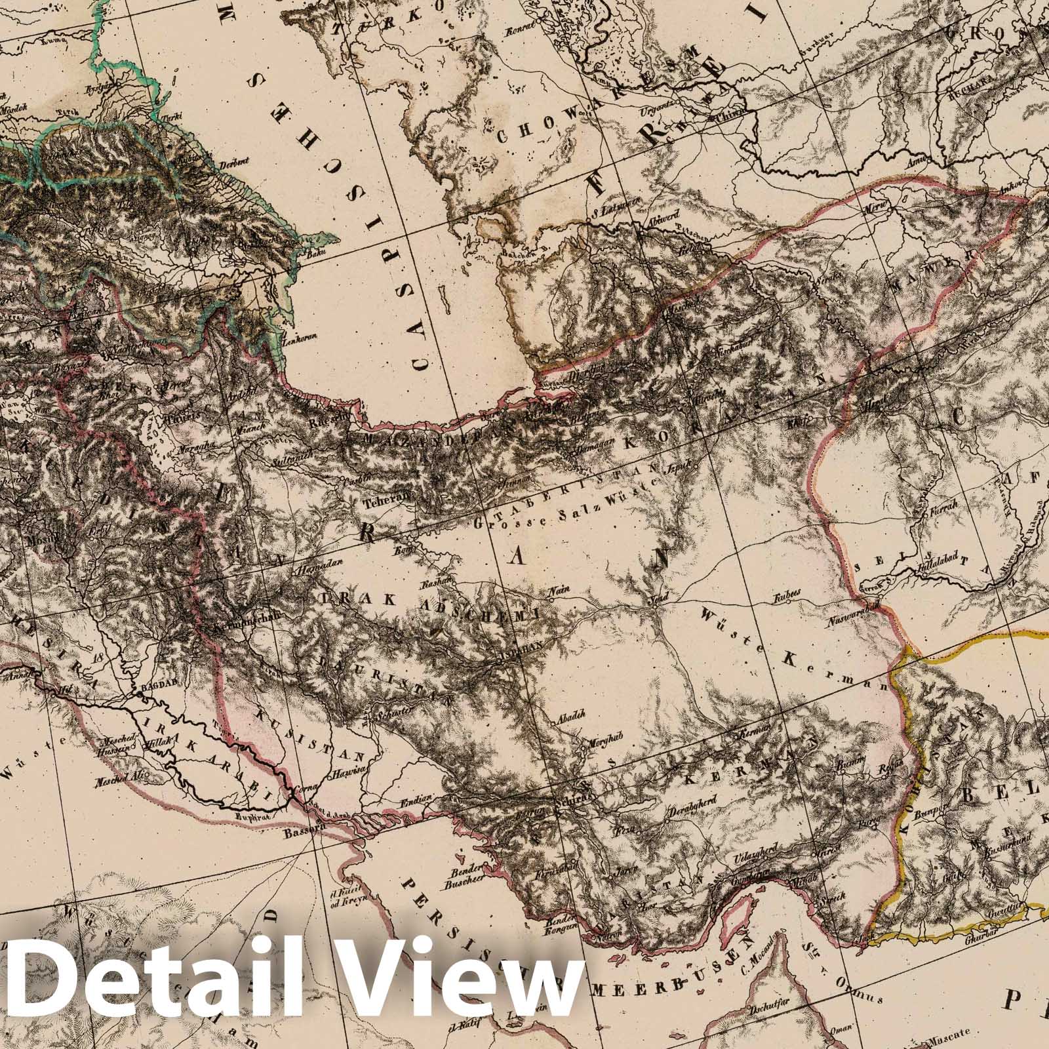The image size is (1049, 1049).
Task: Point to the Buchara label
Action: click(962, 94)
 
